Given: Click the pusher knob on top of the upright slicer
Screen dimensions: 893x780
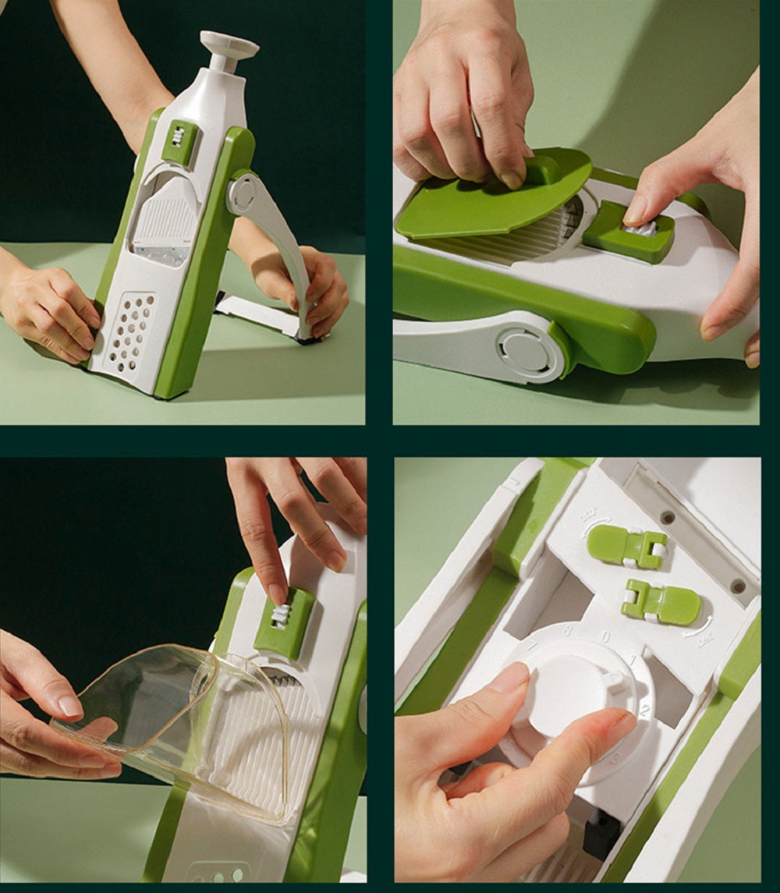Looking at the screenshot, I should pyautogui.click(x=229, y=44).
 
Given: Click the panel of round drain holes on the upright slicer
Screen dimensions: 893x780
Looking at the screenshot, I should pyautogui.click(x=129, y=331).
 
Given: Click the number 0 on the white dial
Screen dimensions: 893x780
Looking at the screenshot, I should pyautogui.click(x=605, y=637).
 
